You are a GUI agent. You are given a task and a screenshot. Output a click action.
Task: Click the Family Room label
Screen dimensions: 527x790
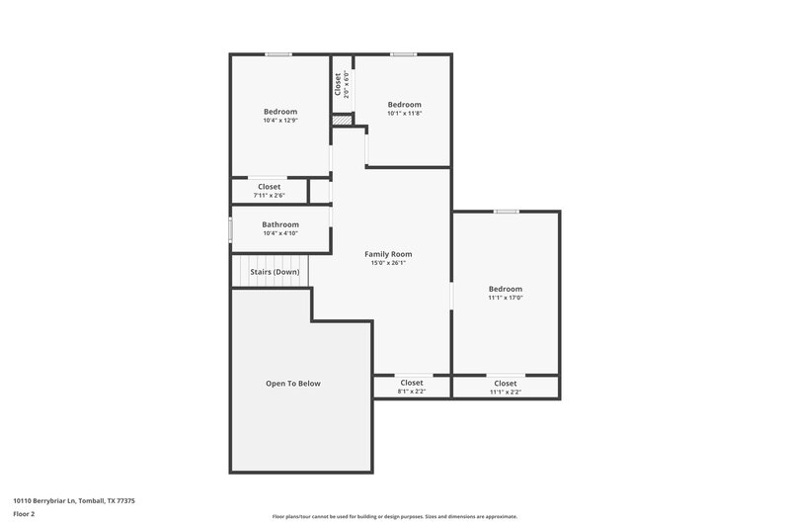tap(387, 254)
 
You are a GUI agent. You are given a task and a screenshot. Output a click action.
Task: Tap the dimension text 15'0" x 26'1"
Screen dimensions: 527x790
tap(387, 263)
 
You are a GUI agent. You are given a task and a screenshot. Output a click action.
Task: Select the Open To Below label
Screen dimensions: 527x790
tap(292, 384)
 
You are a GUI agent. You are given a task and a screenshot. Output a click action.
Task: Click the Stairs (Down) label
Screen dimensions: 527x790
tap(275, 272)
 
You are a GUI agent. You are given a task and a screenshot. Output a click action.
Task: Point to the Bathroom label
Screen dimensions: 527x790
tap(280, 224)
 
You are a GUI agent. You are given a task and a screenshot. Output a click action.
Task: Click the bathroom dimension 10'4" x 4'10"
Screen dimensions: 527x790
tap(280, 233)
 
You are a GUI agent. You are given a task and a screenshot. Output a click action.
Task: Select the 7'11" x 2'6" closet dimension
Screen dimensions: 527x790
tap(270, 196)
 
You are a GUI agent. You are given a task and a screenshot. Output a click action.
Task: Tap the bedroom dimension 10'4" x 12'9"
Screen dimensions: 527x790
tap(280, 121)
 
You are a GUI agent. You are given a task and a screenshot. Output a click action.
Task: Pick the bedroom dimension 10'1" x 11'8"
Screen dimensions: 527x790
tap(404, 114)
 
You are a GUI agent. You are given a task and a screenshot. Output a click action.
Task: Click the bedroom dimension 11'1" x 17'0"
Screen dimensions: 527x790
tap(505, 298)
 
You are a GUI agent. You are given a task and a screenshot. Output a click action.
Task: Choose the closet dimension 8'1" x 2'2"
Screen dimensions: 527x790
tap(411, 392)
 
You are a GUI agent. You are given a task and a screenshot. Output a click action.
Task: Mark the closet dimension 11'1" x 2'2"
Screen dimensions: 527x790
tap(505, 393)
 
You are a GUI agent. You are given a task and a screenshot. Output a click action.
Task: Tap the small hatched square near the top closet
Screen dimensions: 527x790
tap(342, 121)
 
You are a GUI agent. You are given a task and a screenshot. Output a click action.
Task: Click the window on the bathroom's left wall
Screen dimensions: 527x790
tap(231, 229)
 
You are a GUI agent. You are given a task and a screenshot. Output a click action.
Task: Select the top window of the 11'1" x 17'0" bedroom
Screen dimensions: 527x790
tap(507, 212)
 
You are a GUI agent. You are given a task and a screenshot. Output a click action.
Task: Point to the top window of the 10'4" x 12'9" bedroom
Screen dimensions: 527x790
tap(278, 54)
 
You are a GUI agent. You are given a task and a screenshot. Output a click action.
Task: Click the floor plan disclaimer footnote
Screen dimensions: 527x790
tap(394, 516)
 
